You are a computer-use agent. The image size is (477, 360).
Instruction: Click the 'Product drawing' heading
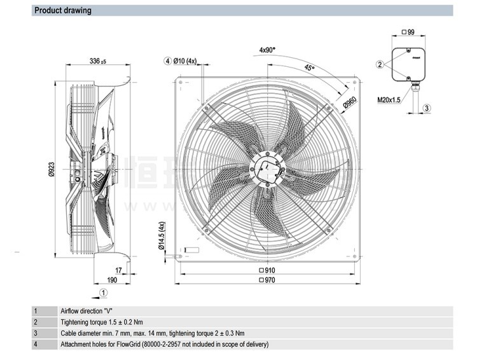62,11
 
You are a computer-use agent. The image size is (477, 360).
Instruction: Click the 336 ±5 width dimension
97,62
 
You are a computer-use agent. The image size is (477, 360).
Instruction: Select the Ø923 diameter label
52,169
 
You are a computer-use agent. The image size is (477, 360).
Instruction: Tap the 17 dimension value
119,270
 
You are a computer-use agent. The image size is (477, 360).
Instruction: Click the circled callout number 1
104,292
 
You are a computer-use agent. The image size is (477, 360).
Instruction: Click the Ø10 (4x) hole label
185,61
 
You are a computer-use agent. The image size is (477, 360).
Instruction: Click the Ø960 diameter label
349,103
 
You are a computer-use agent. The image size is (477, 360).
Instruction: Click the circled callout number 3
427,108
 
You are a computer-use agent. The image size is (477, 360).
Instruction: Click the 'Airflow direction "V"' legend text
86,311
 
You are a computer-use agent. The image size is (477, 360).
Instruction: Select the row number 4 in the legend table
36,344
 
